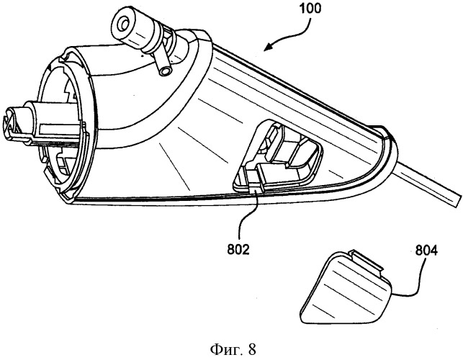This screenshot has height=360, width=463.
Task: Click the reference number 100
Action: pos(310,8)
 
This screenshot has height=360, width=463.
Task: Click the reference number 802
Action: pos(238,250)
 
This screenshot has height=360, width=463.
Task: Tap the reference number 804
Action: pos(426,251)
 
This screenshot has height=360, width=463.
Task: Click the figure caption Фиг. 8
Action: pos(233,349)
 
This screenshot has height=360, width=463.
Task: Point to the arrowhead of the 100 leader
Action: pos(267,47)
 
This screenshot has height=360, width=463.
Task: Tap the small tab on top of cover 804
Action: pos(365,261)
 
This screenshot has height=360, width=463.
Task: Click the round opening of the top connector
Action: pos(123,24)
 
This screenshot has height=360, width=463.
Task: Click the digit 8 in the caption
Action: pos(252,349)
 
